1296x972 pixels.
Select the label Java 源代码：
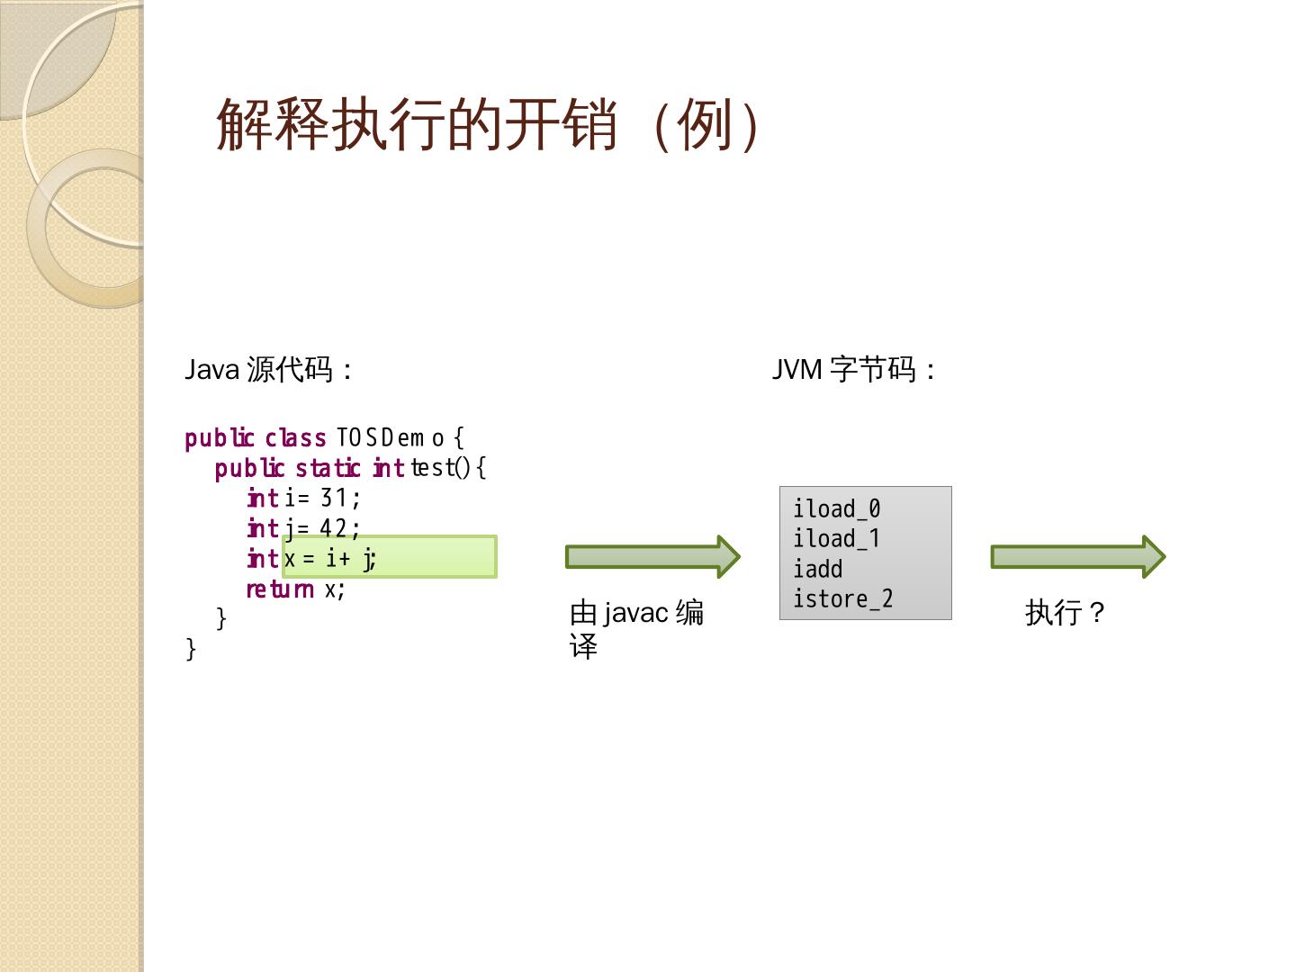pyautogui.click(x=268, y=370)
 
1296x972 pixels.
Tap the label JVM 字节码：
pyautogui.click(x=854, y=370)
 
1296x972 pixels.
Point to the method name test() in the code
pyautogui.click(x=440, y=468)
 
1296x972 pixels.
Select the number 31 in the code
pyautogui.click(x=334, y=498)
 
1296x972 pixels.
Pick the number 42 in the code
pyautogui.click(x=333, y=528)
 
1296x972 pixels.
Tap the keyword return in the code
pyautogui.click(x=280, y=589)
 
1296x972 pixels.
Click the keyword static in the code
pyautogui.click(x=328, y=468)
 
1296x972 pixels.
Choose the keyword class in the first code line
pyautogui.click(x=295, y=438)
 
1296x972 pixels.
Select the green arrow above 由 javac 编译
pyautogui.click(x=652, y=557)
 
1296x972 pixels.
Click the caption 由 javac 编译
pyautogui.click(x=636, y=629)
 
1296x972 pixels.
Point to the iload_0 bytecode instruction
pyautogui.click(x=836, y=509)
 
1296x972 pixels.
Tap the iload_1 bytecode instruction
pyautogui.click(x=836, y=539)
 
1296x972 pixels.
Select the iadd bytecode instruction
pyautogui.click(x=817, y=570)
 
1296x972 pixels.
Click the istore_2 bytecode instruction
pyautogui.click(x=842, y=599)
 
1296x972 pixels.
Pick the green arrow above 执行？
pyautogui.click(x=1078, y=557)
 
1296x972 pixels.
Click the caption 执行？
pyautogui.click(x=1066, y=613)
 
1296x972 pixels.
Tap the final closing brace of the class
pyautogui.click(x=191, y=649)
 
